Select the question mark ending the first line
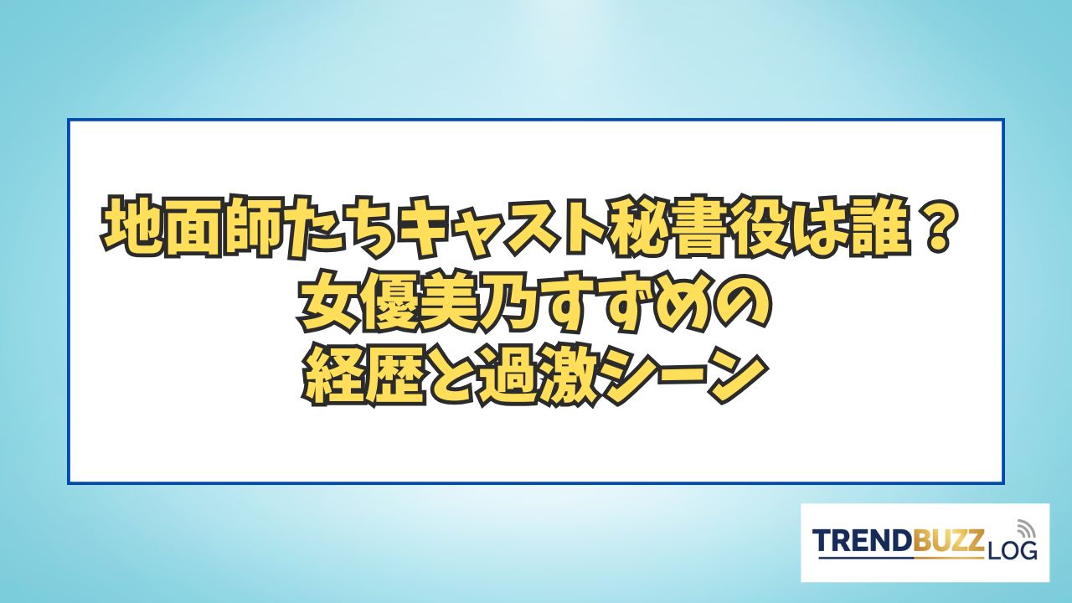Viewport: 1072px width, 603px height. pyautogui.click(x=935, y=223)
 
